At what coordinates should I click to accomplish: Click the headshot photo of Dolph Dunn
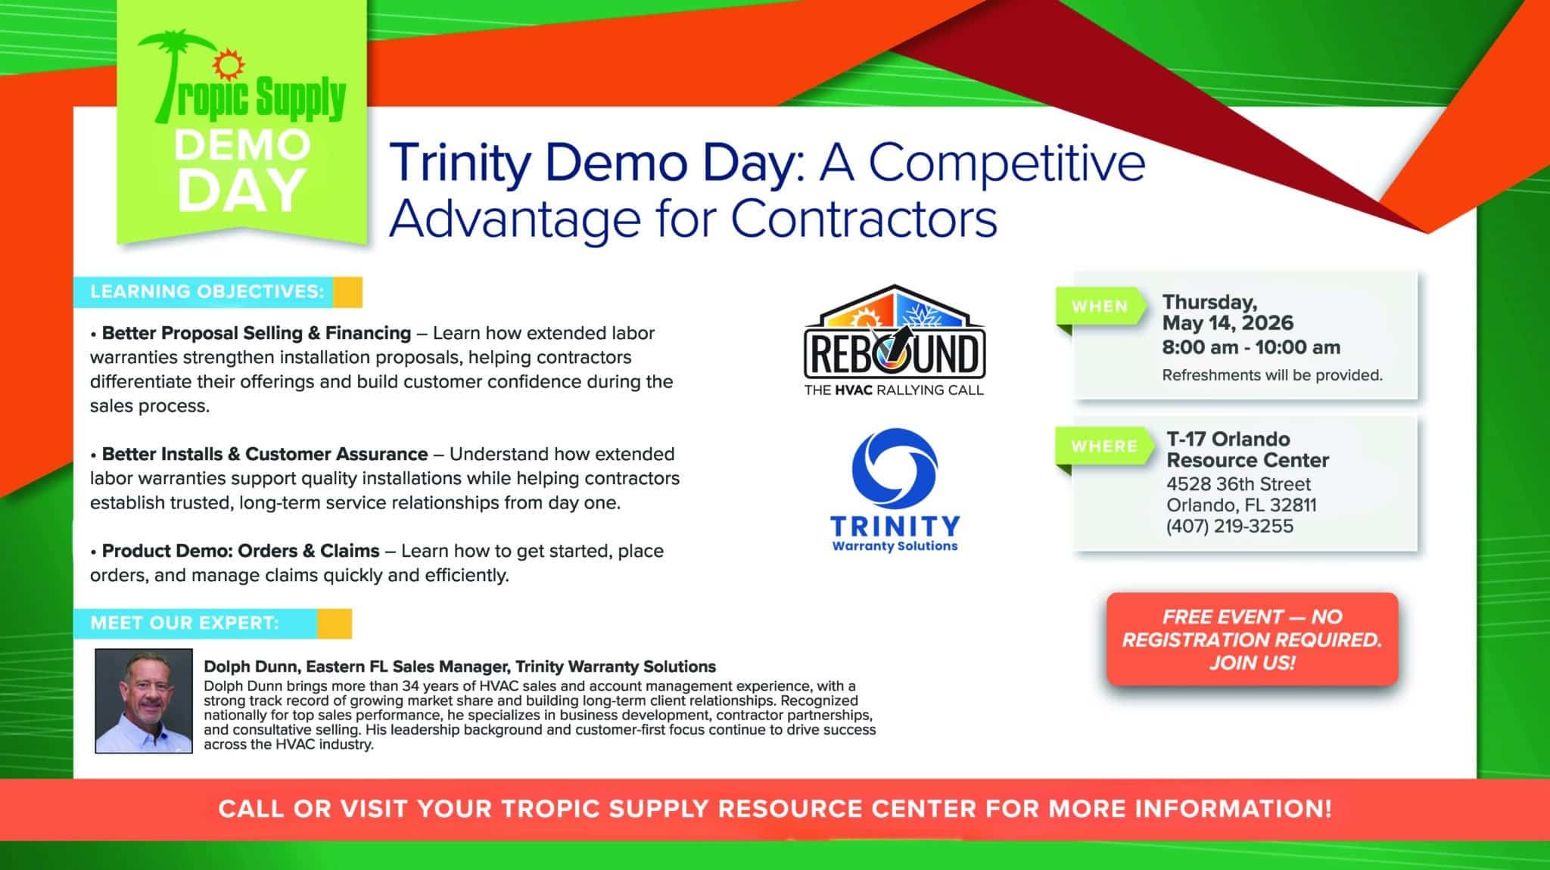[x=144, y=701]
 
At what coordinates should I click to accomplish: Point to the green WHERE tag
[x=1103, y=447]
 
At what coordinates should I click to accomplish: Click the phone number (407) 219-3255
[x=1230, y=527]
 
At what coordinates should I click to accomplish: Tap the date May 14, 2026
[x=1228, y=323]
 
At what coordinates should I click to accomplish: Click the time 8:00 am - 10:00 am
[x=1251, y=348]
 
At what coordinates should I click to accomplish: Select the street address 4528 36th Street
[x=1238, y=484]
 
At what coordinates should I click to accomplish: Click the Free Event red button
[x=1252, y=639]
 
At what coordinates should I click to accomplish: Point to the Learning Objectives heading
[x=207, y=292]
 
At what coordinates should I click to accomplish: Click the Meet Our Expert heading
[x=185, y=623]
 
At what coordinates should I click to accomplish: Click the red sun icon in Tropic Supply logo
[x=224, y=65]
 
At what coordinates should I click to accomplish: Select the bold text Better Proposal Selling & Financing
[x=257, y=333]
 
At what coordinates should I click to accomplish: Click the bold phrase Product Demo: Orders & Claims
[x=241, y=551]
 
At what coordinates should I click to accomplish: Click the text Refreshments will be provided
[x=1272, y=375]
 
